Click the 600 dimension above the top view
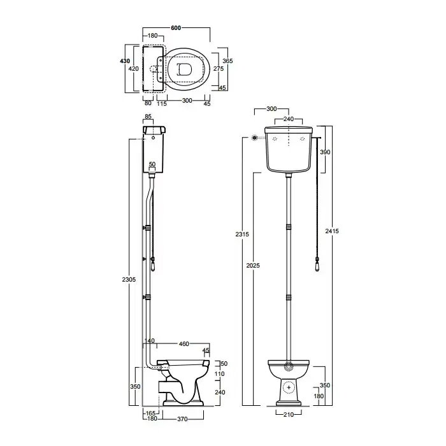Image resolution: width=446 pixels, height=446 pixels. pyautogui.click(x=176, y=28)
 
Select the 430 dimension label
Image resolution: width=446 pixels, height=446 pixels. pyautogui.click(x=125, y=61)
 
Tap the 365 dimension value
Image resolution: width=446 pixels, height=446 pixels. pyautogui.click(x=227, y=61)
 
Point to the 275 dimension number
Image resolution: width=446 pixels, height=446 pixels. pyautogui.click(x=219, y=69)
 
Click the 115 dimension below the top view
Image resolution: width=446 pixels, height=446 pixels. pyautogui.click(x=162, y=104)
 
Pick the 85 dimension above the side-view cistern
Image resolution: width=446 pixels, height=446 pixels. pyautogui.click(x=148, y=117)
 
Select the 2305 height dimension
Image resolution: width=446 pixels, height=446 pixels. pyautogui.click(x=129, y=280)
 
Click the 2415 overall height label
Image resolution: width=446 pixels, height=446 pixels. pyautogui.click(x=332, y=231)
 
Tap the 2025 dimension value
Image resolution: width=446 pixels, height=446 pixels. pyautogui.click(x=253, y=266)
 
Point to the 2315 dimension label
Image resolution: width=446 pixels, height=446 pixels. pyautogui.click(x=242, y=234)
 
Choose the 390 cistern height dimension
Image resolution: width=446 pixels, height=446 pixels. pyautogui.click(x=325, y=152)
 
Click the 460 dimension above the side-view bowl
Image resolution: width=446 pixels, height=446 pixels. pyautogui.click(x=183, y=344)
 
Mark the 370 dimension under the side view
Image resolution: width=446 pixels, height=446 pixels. pyautogui.click(x=182, y=419)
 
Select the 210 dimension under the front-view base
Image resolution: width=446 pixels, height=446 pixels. pyautogui.click(x=289, y=415)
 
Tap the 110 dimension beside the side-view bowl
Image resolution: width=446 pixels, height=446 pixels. pyautogui.click(x=219, y=374)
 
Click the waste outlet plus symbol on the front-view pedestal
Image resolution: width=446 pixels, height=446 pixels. pyautogui.click(x=289, y=387)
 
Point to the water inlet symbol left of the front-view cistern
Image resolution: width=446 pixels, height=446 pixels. pyautogui.click(x=255, y=138)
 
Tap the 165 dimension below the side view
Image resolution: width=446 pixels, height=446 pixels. pyautogui.click(x=150, y=414)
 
